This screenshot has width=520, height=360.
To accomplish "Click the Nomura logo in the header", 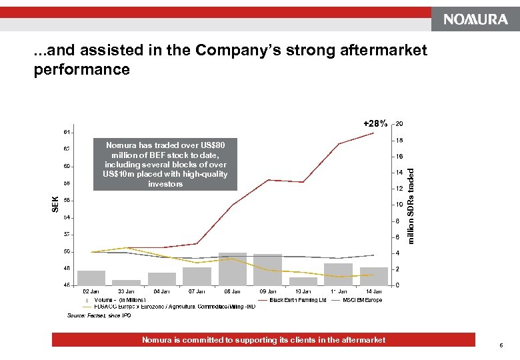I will coord(476,20).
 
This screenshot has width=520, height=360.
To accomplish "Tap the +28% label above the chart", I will coord(375,124).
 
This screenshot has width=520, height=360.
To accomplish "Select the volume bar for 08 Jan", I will coord(233,269).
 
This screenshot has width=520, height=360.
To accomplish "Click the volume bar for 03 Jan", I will coord(126,282).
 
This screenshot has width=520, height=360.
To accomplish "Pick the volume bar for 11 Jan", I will coord(338,273).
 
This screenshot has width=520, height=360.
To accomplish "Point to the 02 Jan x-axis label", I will coord(91,291).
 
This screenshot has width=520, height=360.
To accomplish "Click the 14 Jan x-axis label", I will coord(373,291).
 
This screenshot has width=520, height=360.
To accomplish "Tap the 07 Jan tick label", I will coord(197,291).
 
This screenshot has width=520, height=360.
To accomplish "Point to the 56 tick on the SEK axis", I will coord(67,200).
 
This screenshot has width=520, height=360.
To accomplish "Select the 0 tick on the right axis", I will coord(397,285).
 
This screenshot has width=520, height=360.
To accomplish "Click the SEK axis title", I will coord(55,204).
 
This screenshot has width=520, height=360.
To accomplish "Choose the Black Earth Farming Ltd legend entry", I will coord(298,300).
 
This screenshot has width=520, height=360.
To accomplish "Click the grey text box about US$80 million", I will coord(165,164).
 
